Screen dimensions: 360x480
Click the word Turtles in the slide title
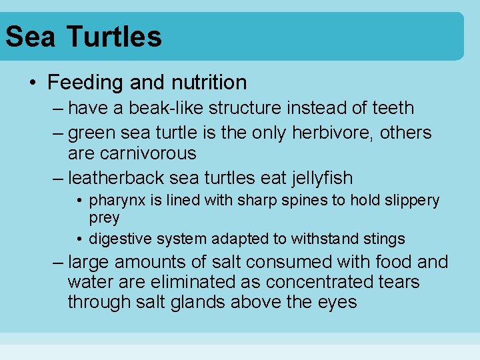point(114,36)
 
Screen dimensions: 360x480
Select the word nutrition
point(209,83)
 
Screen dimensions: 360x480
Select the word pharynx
point(115,201)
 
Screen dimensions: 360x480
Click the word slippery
point(413,200)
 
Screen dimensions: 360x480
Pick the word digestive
point(118,239)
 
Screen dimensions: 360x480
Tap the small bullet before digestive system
point(79,239)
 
